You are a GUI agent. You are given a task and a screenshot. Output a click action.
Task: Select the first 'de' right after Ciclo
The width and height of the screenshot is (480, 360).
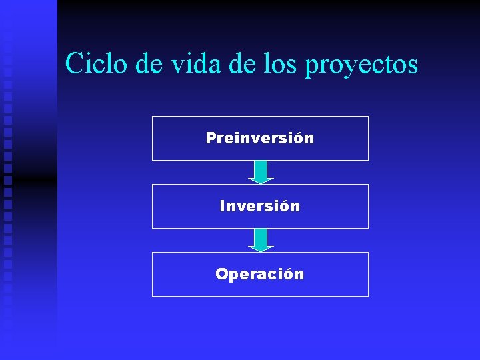[148, 64]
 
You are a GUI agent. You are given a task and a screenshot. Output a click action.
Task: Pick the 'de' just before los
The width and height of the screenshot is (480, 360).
[248, 64]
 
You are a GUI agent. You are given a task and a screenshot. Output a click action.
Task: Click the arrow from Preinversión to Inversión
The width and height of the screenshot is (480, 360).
[261, 172]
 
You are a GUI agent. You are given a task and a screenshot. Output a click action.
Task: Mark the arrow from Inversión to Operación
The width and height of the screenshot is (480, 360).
[261, 240]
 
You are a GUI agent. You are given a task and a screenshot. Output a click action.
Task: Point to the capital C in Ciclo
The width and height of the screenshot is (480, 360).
[75, 64]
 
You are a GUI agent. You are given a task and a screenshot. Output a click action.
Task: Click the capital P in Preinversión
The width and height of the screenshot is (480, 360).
[211, 138]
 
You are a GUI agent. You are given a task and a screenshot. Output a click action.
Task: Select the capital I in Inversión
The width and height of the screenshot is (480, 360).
[222, 206]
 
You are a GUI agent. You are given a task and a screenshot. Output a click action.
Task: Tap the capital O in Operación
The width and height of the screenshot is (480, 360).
[221, 274]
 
